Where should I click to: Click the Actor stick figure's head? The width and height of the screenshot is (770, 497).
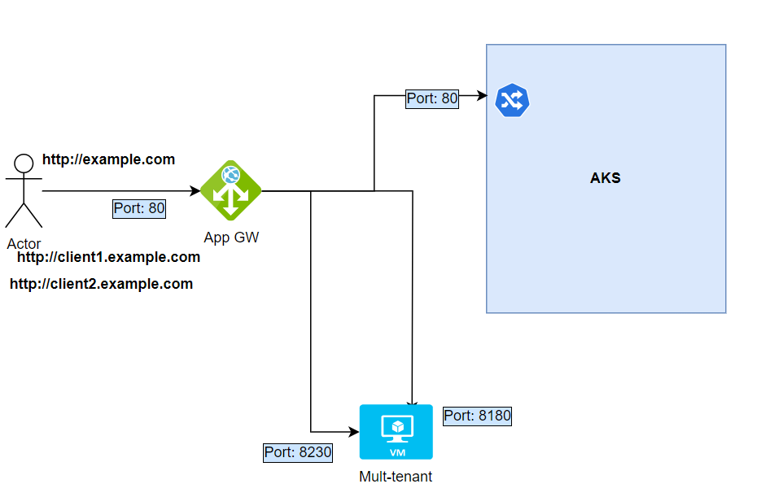point(24,160)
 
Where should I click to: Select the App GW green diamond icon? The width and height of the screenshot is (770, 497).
point(230,190)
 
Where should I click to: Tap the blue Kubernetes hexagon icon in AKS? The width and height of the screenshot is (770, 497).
point(512,100)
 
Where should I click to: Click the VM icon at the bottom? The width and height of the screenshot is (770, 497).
point(396,432)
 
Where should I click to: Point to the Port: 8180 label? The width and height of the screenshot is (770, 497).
point(477,416)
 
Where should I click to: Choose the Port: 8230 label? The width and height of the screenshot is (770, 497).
point(298,452)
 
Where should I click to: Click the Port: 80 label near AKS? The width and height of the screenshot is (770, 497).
point(432,99)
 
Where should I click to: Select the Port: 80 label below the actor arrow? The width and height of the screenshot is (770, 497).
point(139,208)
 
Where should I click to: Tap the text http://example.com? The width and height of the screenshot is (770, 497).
point(108,159)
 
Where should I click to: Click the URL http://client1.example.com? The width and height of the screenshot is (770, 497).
point(108,257)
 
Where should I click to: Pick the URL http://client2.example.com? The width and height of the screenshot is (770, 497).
point(102,284)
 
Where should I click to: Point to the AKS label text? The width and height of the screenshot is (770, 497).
point(605,178)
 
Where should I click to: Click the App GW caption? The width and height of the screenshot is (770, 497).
point(230,238)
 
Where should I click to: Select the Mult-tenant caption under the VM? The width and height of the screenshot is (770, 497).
point(396,477)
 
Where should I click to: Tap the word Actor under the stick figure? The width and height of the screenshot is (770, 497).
point(24,244)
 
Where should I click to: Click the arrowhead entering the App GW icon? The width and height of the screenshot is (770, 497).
point(195,191)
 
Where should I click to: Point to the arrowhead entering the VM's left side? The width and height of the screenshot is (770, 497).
point(354,431)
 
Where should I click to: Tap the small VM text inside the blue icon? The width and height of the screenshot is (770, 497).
point(396,451)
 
